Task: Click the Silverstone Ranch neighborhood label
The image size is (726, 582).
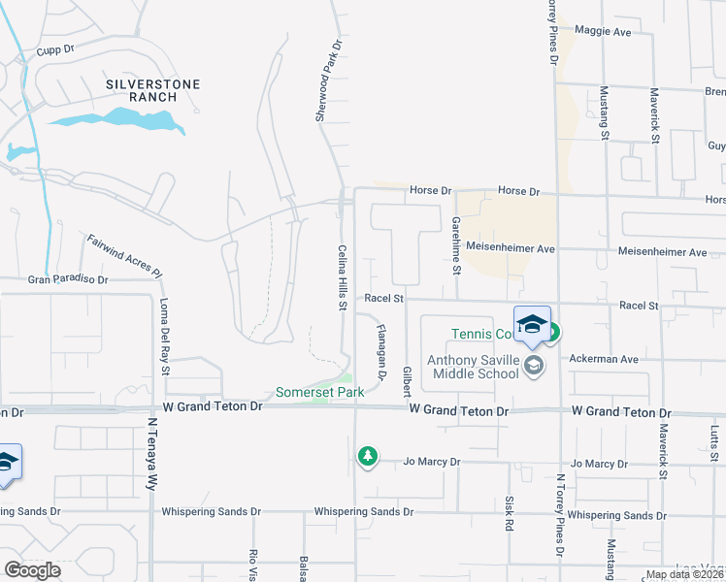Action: coord(153,91)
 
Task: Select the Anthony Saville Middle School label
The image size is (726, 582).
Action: coord(473,367)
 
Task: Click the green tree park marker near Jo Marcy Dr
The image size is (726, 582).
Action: coord(367,455)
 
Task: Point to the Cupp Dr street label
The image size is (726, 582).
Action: coord(55,49)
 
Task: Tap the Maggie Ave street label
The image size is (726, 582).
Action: coord(602,32)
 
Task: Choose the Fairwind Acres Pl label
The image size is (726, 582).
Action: coord(124,255)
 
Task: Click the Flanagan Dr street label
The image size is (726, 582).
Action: coord(381,351)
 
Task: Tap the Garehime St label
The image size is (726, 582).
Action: coord(455,243)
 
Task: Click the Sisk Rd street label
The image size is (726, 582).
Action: coord(509,514)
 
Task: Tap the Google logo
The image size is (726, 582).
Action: coord(32,570)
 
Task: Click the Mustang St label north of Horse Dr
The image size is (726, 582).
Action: coord(604,114)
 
